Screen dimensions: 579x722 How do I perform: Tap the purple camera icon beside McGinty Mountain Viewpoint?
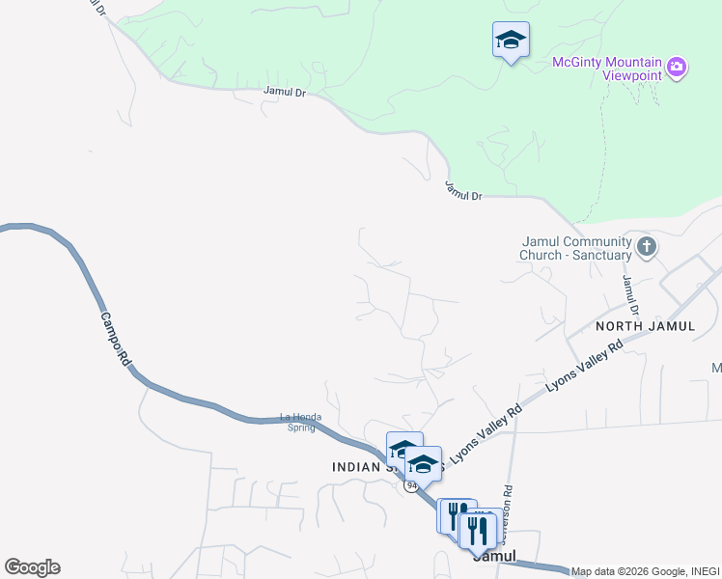pyautogui.click(x=678, y=67)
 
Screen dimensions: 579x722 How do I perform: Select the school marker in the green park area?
pyautogui.click(x=511, y=41)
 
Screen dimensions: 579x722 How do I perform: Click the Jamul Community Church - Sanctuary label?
pyautogui.click(x=575, y=248)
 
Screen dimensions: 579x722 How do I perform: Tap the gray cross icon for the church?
pyautogui.click(x=647, y=248)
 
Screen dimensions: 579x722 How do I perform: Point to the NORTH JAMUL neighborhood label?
pyautogui.click(x=645, y=326)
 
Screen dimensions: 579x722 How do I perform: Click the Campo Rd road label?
pyautogui.click(x=114, y=338)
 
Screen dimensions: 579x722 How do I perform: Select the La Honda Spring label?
pyautogui.click(x=298, y=422)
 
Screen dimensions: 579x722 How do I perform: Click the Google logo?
pyautogui.click(x=32, y=567)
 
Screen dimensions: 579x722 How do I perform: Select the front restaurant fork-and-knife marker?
pyautogui.click(x=477, y=530)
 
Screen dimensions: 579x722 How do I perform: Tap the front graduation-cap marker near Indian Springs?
pyautogui.click(x=423, y=462)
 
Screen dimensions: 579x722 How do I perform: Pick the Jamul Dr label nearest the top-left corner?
pyautogui.click(x=283, y=93)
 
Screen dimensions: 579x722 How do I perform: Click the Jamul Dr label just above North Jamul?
pyautogui.click(x=630, y=295)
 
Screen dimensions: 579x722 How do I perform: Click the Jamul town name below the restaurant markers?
pyautogui.click(x=494, y=557)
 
